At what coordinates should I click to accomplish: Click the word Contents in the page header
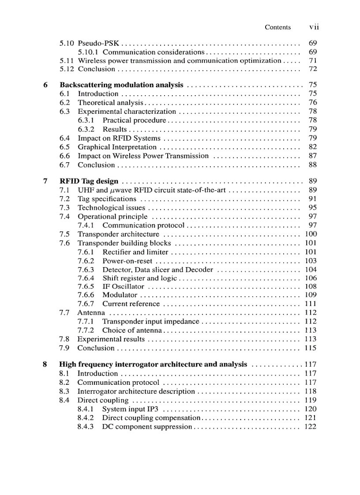277,27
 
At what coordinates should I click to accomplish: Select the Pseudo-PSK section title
98,44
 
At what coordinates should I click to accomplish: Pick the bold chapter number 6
45,85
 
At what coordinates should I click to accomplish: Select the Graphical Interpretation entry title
117,147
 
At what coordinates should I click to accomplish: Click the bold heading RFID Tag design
89,181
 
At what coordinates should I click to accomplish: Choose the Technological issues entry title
111,208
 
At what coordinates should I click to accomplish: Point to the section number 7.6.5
86,287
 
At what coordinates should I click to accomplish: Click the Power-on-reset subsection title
127,261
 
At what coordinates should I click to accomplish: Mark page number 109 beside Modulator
311,295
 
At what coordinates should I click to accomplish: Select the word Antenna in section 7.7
91,313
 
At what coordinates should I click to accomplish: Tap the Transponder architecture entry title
118,234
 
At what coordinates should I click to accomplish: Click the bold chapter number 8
45,365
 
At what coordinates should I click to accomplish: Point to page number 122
311,427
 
